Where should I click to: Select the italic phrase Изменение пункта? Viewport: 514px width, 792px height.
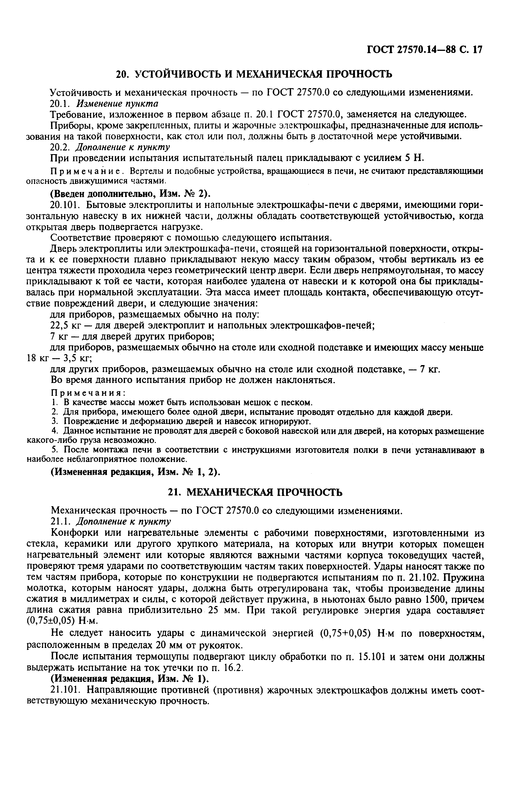[117, 104]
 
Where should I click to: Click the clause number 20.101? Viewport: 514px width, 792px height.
[65, 205]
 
